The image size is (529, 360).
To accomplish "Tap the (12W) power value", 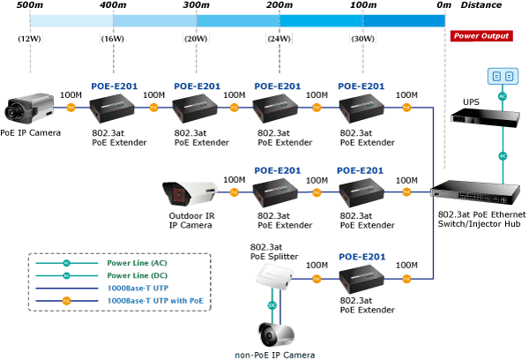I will tap(30, 38).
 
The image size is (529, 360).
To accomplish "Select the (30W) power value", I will tap(362, 38).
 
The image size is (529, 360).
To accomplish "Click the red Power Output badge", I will tap(481, 36).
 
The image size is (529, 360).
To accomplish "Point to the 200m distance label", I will tap(279, 6).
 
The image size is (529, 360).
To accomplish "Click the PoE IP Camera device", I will tap(30, 109).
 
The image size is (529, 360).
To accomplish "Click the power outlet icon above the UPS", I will tap(503, 76).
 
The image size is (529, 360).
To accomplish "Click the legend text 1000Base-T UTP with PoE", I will tap(158, 301).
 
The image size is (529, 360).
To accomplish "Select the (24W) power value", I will tap(279, 38).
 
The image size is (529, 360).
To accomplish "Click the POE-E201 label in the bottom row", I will tap(361, 257).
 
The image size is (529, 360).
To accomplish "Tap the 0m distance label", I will tap(443, 6).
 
